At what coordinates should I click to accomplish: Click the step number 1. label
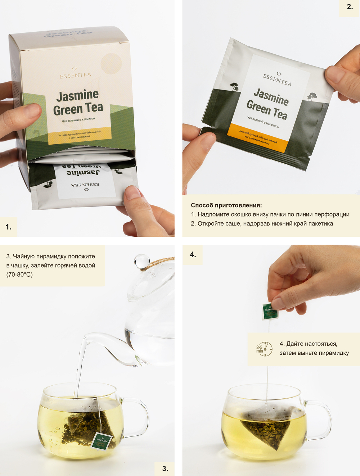pyautogui.click(x=9, y=227)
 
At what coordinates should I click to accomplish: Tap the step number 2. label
pyautogui.click(x=350, y=7)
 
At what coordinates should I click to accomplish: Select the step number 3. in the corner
pyautogui.click(x=165, y=468)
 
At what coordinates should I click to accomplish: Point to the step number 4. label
pyautogui.click(x=193, y=255)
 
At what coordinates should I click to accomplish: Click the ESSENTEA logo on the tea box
pyautogui.click(x=75, y=75)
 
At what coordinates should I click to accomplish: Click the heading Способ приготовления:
pyautogui.click(x=226, y=205)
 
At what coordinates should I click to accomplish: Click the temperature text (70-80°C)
pyautogui.click(x=19, y=275)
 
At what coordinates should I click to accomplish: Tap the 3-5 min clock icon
pyautogui.click(x=265, y=349)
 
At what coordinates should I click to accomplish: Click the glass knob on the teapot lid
pyautogui.click(x=141, y=261)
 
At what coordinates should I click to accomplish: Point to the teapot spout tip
pyautogui.click(x=86, y=337)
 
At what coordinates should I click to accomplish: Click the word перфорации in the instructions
pyautogui.click(x=332, y=214)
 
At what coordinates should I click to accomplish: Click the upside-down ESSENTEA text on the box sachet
pyautogui.click(x=85, y=185)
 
